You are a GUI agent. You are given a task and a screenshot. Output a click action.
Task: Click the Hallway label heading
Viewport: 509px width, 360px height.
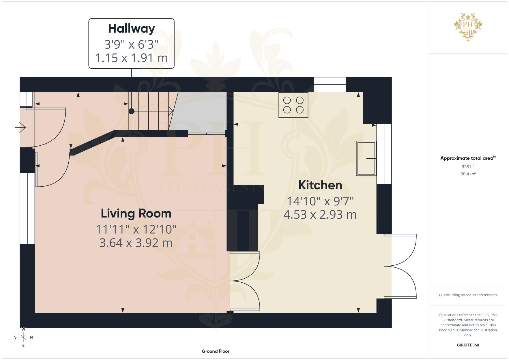tap(131, 29)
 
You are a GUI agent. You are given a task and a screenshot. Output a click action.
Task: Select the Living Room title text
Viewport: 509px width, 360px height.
tap(136, 213)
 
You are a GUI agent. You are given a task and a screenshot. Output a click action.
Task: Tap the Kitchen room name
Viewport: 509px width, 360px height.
tap(320, 185)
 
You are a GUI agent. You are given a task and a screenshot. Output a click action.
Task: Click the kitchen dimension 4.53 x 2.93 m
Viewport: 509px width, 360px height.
tap(320, 215)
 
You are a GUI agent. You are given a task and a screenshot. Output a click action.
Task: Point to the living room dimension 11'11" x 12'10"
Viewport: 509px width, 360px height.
tap(136, 229)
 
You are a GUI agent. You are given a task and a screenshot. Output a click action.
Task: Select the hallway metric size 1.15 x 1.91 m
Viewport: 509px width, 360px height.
tap(131, 58)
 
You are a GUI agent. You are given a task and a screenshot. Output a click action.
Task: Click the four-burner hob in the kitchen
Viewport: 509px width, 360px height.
tap(293, 105)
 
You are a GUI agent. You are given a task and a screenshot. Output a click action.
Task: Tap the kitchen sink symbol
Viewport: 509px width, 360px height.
tap(366, 158)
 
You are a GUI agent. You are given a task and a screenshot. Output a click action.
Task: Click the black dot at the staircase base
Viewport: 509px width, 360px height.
tap(131, 111)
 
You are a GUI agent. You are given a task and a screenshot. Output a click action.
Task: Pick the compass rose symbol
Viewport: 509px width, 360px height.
tap(23, 337)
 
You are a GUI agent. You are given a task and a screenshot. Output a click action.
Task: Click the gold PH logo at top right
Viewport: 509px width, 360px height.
tap(468, 27)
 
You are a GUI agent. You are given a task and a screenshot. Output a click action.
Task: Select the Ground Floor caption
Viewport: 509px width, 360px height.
tap(215, 351)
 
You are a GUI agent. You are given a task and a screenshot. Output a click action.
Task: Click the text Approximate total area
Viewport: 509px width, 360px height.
tap(467, 158)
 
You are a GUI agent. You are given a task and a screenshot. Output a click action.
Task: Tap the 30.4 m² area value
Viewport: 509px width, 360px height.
tap(468, 174)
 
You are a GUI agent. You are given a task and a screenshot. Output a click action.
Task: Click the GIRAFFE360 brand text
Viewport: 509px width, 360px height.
tap(468, 345)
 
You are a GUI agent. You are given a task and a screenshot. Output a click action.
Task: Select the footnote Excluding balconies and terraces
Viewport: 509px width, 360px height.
tap(468, 295)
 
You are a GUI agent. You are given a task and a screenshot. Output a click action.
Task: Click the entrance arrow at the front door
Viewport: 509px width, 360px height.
tap(21, 127)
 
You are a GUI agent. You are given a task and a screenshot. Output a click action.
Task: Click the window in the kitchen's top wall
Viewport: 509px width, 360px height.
tap(330, 84)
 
